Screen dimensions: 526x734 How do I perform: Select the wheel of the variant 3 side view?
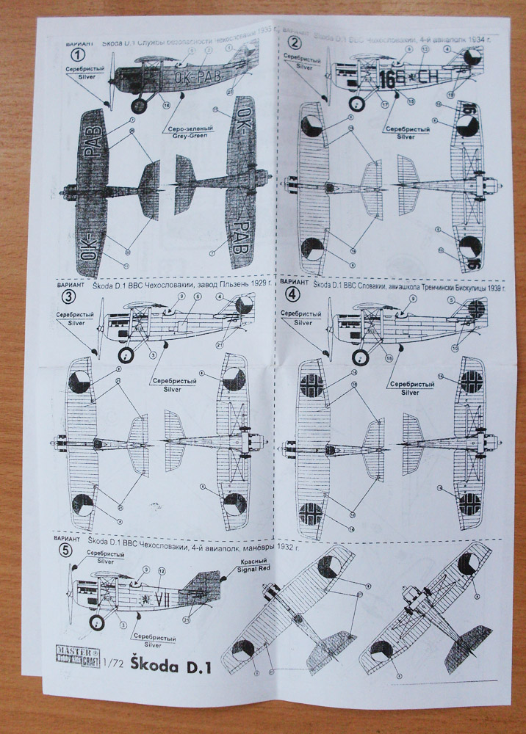pyautogui.click(x=127, y=357)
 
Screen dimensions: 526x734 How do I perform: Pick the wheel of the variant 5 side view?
pyautogui.click(x=98, y=623)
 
